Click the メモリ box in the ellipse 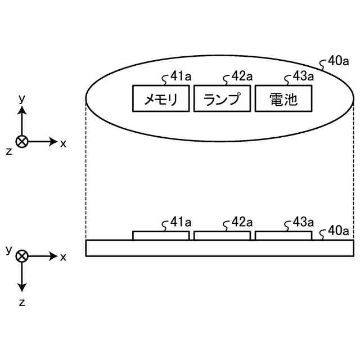point(161,99)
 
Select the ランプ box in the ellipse point(222,99)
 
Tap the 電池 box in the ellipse point(283,99)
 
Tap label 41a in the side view point(180,223)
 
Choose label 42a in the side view point(242,223)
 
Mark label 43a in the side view point(303,223)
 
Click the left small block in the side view point(161,236)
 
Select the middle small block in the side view point(222,236)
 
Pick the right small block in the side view point(283,236)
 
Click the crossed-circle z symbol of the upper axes point(22,142)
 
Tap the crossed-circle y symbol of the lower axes point(22,256)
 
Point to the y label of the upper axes point(22,98)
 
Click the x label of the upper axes point(63,143)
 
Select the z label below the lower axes point(22,302)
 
